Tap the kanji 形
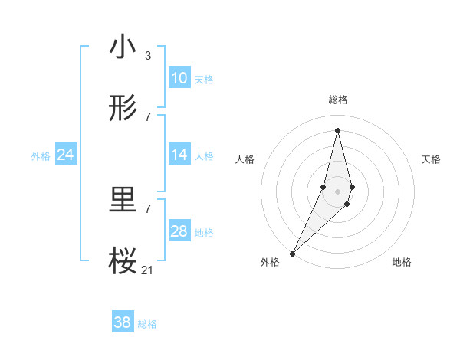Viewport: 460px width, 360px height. click(x=123, y=109)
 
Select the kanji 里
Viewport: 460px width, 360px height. click(x=123, y=201)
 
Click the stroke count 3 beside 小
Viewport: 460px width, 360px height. click(x=147, y=55)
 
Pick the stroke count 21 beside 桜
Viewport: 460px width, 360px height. click(x=147, y=270)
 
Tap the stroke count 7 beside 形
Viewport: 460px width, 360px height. click(x=147, y=116)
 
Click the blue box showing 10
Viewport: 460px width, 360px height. click(x=179, y=78)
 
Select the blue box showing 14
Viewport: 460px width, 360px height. click(x=179, y=155)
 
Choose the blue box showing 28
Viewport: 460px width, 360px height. click(x=179, y=231)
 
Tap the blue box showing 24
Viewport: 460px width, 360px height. click(x=65, y=155)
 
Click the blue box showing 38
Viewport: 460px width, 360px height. click(x=123, y=322)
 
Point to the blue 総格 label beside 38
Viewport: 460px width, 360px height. click(x=147, y=324)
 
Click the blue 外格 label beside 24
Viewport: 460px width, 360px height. click(x=41, y=156)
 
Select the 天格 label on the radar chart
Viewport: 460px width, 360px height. click(x=431, y=159)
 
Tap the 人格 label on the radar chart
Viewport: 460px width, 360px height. click(x=245, y=159)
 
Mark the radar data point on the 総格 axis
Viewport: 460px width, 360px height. click(x=337, y=129)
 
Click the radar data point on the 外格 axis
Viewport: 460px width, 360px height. click(x=292, y=253)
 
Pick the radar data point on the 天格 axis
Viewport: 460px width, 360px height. click(x=352, y=188)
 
